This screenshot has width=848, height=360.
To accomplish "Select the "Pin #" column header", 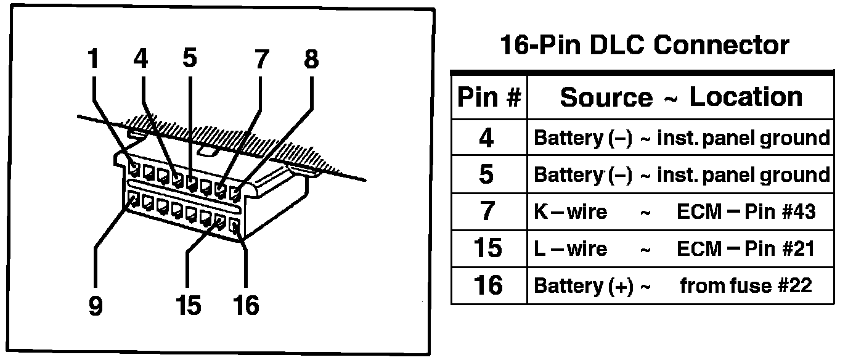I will pyautogui.click(x=489, y=97).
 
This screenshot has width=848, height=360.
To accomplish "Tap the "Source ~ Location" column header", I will pyautogui.click(x=681, y=97).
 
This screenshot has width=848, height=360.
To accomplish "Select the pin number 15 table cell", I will pyautogui.click(x=487, y=249).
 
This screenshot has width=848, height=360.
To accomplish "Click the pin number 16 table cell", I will pyautogui.click(x=487, y=285).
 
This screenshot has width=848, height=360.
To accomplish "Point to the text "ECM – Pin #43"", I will pyautogui.click(x=746, y=212).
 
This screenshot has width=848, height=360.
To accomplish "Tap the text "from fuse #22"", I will pyautogui.click(x=746, y=285).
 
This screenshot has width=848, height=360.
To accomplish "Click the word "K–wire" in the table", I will pyautogui.click(x=570, y=212).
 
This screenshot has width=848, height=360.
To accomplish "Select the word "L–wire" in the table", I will pyautogui.click(x=570, y=249).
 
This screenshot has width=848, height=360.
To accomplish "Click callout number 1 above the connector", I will pyautogui.click(x=94, y=59).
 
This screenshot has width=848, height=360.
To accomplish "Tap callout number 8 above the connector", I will pyautogui.click(x=312, y=60).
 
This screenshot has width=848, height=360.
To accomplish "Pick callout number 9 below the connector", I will pyautogui.click(x=95, y=306).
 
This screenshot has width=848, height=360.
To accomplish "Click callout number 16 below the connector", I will pyautogui.click(x=247, y=305).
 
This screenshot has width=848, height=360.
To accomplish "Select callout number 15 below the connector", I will pyautogui.click(x=188, y=305).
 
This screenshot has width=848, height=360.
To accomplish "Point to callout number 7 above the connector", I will pyautogui.click(x=261, y=60).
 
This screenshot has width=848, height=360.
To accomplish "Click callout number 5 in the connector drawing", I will pyautogui.click(x=190, y=59).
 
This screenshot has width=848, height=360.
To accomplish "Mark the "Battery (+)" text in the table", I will pyautogui.click(x=583, y=286).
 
